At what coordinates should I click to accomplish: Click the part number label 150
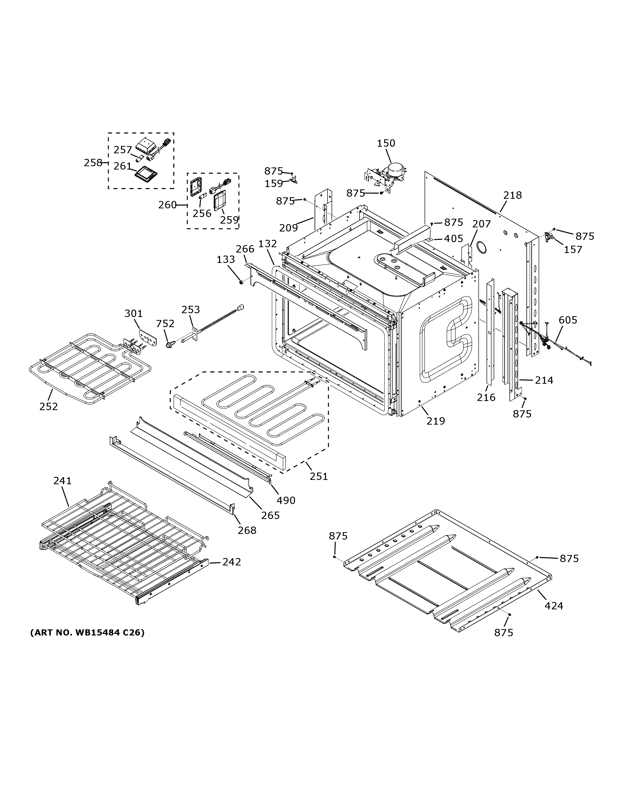click(386, 143)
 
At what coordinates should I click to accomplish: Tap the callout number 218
click(512, 195)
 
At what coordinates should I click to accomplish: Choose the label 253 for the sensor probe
click(191, 310)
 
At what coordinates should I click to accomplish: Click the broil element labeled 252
click(88, 364)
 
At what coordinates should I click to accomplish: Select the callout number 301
click(133, 314)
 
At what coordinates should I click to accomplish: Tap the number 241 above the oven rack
click(62, 481)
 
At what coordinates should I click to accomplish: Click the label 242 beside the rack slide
click(231, 562)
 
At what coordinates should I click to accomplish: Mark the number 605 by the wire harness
click(568, 320)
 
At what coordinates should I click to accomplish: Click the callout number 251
click(318, 476)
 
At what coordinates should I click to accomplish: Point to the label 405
click(453, 239)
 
